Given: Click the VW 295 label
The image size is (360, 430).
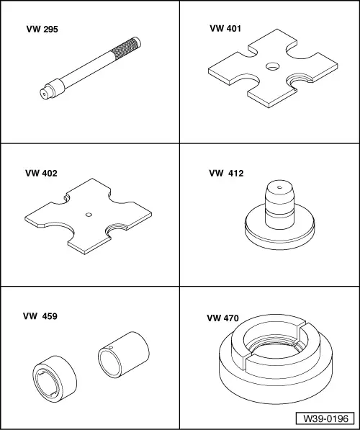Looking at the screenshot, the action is [x=42, y=30].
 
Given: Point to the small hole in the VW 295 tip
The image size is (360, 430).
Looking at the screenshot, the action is [x=44, y=94].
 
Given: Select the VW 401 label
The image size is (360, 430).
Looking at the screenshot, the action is [x=225, y=29].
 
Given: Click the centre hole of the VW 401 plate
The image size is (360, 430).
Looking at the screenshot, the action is [x=273, y=66].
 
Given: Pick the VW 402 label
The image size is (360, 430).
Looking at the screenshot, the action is [x=42, y=174].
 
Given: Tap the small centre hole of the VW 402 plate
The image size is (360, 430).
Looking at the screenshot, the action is [x=89, y=215].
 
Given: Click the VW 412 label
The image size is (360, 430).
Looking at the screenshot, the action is [x=226, y=174].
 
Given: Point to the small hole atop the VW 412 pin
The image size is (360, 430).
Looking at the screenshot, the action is [x=279, y=187].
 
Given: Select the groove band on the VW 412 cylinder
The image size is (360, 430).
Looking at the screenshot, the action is [x=279, y=213].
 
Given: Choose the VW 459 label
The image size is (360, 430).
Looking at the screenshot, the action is [x=40, y=316].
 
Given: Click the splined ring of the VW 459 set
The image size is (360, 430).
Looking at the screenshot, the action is [x=55, y=379].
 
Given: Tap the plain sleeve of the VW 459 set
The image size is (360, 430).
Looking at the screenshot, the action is [x=124, y=354].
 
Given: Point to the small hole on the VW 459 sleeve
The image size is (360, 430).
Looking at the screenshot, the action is [x=111, y=347].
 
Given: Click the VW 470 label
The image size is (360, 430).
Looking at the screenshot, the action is [x=223, y=318].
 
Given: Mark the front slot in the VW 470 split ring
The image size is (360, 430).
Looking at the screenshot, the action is [x=246, y=362].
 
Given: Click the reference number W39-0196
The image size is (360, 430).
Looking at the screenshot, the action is [x=325, y=418].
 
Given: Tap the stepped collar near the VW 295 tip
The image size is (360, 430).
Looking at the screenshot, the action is [x=55, y=87].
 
